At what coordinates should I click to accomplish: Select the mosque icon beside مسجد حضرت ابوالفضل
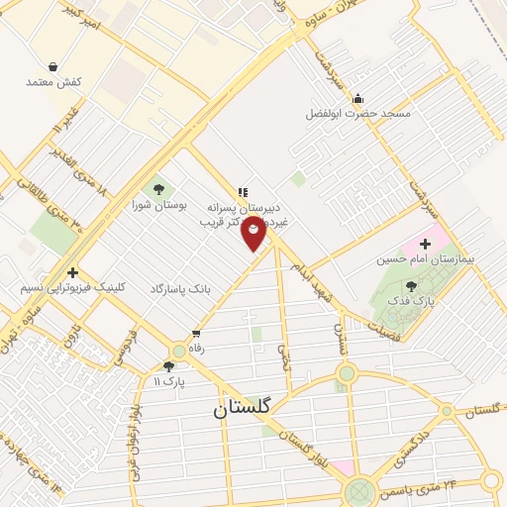[357, 98]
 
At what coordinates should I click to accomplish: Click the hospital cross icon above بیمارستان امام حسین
[425, 243]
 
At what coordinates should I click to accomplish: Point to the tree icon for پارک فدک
[411, 286]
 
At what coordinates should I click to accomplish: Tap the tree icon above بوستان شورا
[156, 188]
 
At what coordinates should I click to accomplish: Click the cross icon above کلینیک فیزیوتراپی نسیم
[72, 271]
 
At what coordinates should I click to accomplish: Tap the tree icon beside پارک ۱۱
[169, 366]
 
